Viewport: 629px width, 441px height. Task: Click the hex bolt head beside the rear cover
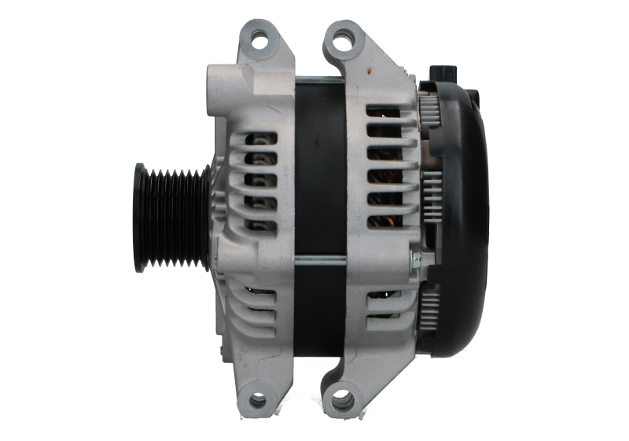point(415,258)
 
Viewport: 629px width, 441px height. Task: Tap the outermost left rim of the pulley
point(139,217)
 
